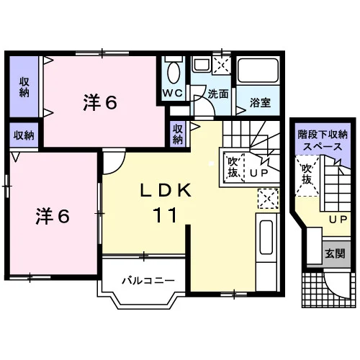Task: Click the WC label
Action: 173,93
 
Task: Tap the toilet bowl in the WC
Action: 174,72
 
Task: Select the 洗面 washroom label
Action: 218,94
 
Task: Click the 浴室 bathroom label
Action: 260,102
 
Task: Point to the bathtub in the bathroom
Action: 258,70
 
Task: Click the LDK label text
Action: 166,190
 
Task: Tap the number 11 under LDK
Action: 165,215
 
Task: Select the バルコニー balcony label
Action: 148,280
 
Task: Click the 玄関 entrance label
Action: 335,253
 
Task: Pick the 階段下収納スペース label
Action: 323,140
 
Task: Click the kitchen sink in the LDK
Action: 266,237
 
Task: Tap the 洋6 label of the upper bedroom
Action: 100,102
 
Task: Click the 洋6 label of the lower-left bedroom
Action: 53,217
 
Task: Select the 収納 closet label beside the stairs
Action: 178,135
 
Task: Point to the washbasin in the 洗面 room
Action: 202,64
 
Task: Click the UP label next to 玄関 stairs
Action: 338,219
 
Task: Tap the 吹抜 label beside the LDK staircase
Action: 233,167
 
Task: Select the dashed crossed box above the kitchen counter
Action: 269,199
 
